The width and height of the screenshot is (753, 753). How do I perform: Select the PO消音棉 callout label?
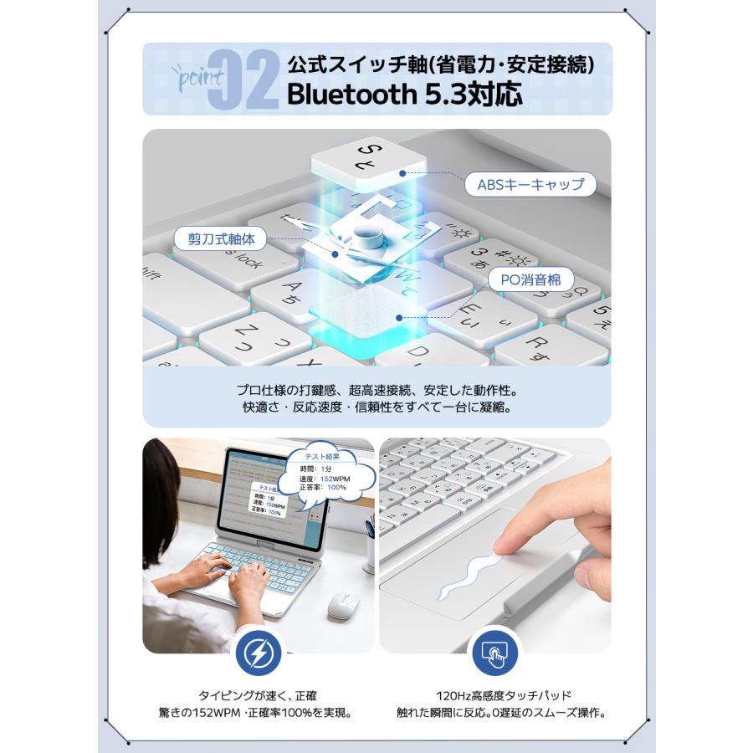(531, 280)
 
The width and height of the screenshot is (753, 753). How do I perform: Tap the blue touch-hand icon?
(493, 653)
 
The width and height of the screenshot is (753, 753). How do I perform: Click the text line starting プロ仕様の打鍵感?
(376, 391)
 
